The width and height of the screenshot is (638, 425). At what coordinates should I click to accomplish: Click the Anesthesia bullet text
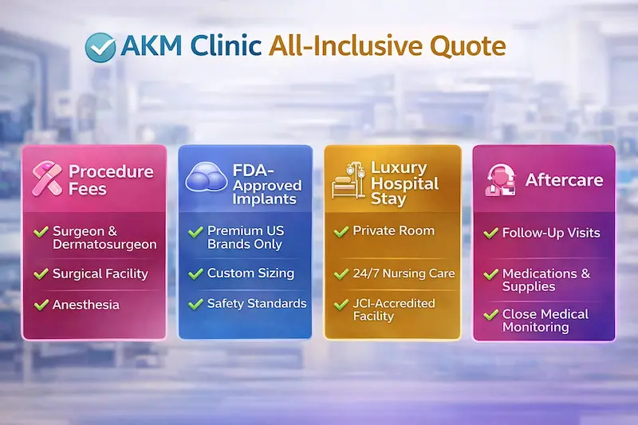pyautogui.click(x=86, y=305)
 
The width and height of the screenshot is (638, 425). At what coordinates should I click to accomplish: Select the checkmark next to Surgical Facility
pyautogui.click(x=41, y=273)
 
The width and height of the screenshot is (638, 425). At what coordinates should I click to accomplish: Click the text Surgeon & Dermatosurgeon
pyautogui.click(x=104, y=238)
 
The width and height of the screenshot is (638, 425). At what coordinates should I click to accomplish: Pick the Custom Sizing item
pyautogui.click(x=250, y=273)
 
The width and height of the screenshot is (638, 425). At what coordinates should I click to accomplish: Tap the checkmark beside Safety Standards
pyautogui.click(x=195, y=303)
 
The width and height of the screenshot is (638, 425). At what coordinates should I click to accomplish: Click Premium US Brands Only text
pyautogui.click(x=246, y=238)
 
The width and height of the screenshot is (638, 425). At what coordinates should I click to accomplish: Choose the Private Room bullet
pyautogui.click(x=394, y=230)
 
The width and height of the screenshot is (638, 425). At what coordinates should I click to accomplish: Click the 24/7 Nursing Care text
pyautogui.click(x=404, y=273)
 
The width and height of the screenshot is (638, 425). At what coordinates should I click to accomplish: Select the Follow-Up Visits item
pyautogui.click(x=550, y=234)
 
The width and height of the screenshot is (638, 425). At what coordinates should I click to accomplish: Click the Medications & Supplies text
pyautogui.click(x=545, y=279)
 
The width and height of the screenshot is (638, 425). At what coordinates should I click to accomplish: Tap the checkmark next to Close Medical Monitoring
pyautogui.click(x=491, y=315)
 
